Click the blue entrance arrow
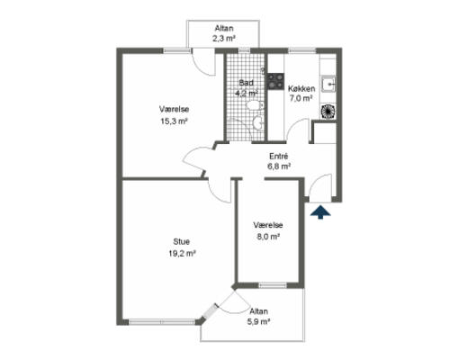320,212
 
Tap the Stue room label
181,241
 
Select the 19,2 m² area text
182,254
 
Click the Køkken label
301,88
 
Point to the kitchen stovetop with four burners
275,82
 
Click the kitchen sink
328,85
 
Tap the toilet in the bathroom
255,105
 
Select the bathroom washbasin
258,122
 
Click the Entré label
278,157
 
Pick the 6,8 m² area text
279,166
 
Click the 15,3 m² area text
174,121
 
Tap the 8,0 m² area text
268,237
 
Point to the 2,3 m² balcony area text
223,39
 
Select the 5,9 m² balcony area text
258,322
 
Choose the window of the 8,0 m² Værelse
273,285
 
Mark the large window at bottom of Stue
162,322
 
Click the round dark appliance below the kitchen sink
328,112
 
